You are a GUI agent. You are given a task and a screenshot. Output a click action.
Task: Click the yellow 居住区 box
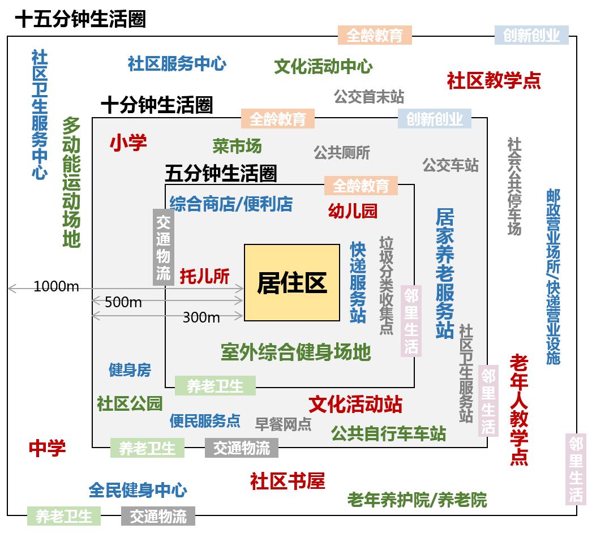click(292, 283)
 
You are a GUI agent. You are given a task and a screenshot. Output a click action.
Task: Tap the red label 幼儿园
click(353, 210)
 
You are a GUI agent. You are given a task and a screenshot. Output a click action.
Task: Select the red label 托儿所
click(205, 276)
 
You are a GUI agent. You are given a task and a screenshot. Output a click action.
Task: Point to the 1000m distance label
click(56, 286)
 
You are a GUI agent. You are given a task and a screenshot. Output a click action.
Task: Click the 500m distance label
click(123, 302)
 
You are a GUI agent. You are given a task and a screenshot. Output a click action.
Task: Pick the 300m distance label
click(201, 317)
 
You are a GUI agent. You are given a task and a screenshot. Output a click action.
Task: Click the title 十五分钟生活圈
click(80, 19)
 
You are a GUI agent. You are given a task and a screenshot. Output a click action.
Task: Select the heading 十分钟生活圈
click(157, 105)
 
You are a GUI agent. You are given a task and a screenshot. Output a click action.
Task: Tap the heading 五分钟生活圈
click(221, 173)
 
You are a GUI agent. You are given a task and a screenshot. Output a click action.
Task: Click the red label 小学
click(128, 143)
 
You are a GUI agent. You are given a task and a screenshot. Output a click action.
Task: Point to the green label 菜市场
click(237, 146)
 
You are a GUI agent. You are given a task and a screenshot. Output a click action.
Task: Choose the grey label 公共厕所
click(342, 153)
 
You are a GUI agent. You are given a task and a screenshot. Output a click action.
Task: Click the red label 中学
click(47, 448)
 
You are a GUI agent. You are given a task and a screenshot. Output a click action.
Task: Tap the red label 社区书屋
click(288, 481)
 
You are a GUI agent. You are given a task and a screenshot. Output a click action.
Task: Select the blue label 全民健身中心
click(138, 490)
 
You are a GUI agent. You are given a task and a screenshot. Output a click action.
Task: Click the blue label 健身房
click(130, 370)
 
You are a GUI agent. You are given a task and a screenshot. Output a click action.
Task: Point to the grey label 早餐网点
click(283, 424)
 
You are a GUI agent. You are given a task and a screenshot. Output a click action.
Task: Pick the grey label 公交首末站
click(369, 97)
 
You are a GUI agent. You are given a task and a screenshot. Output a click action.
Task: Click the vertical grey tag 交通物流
click(164, 247)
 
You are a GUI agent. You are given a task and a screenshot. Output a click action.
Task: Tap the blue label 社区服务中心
click(177, 63)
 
